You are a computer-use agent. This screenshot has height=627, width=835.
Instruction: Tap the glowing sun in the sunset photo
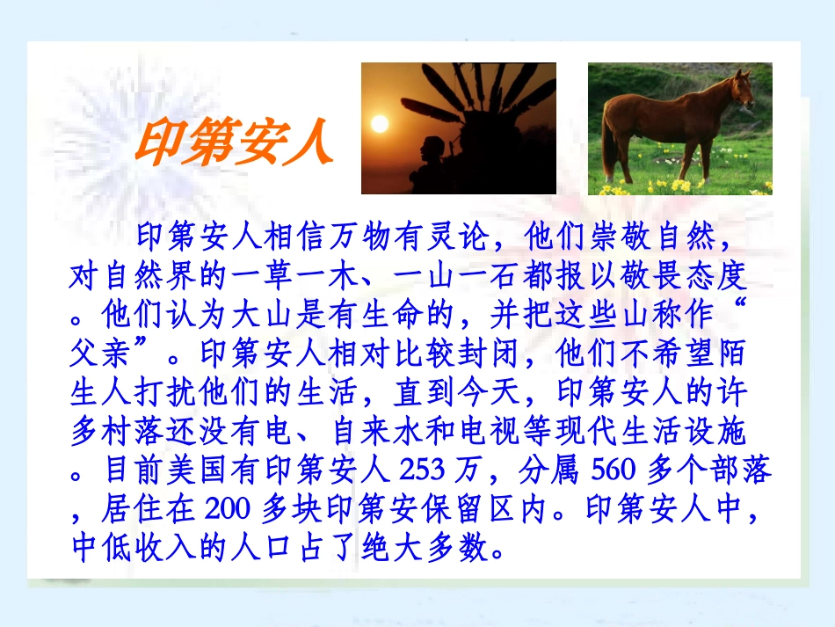379,123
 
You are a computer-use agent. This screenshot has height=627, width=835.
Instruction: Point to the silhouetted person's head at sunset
435,146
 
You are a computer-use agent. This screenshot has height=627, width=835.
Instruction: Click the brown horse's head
740,89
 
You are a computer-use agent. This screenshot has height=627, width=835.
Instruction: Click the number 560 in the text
614,470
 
